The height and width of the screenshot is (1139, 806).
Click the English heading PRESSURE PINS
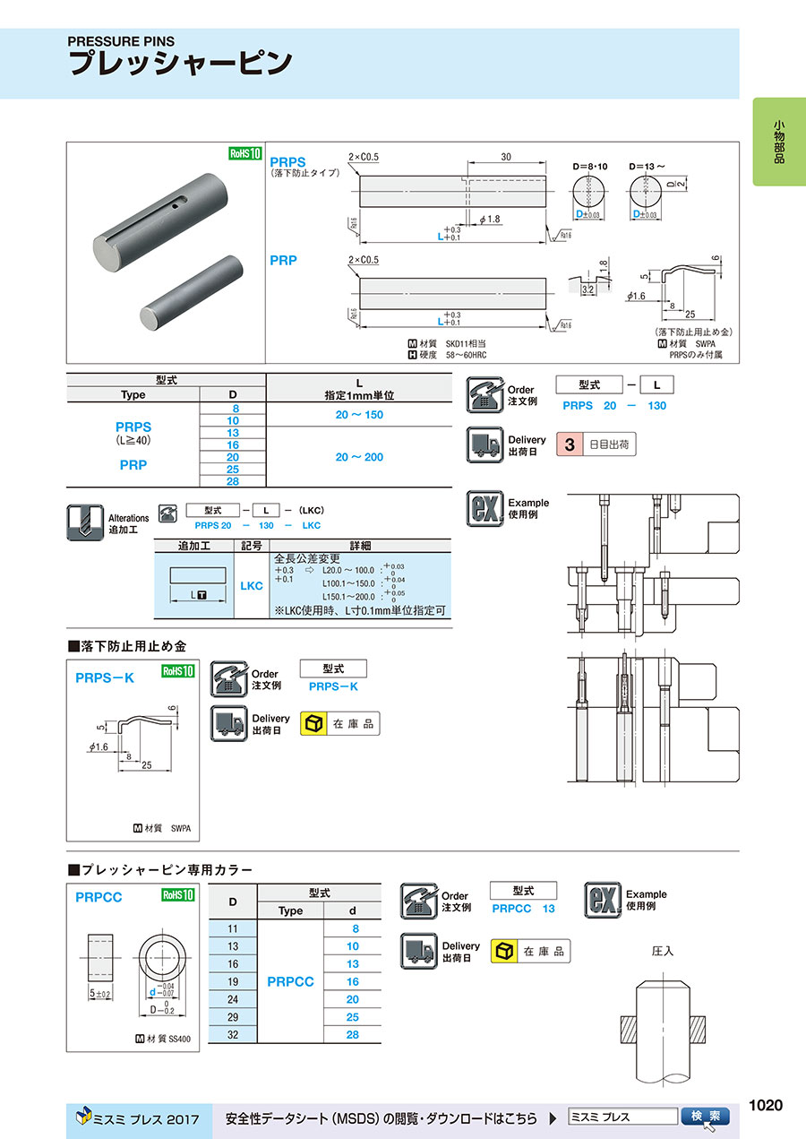click(x=122, y=41)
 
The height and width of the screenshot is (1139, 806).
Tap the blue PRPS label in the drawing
click(x=287, y=162)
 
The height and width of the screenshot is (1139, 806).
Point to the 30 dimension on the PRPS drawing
click(x=506, y=157)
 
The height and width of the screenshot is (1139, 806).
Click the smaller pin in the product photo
click(x=193, y=293)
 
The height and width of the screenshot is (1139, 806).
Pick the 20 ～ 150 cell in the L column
click(x=358, y=416)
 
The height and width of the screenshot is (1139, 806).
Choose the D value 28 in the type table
click(x=233, y=481)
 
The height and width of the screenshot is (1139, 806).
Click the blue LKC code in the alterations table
click(x=252, y=585)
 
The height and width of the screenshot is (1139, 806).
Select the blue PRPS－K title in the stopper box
click(x=105, y=678)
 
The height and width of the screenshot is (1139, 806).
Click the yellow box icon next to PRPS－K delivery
click(x=313, y=723)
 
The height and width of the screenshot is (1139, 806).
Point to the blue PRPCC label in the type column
click(x=290, y=981)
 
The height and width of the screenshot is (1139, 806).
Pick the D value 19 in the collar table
click(x=233, y=981)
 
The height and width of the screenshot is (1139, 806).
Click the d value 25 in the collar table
click(x=352, y=1017)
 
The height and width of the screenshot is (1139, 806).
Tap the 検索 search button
click(x=706, y=1117)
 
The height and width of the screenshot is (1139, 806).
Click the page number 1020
click(x=766, y=1105)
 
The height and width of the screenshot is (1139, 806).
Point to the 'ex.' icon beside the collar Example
click(x=603, y=900)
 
